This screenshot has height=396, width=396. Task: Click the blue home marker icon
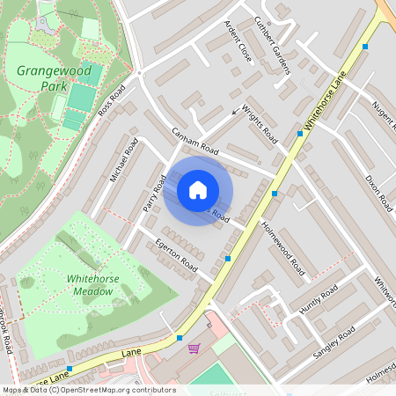coord(198,189)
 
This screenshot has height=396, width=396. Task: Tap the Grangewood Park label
coord(41,77)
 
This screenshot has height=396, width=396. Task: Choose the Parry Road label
coord(155,194)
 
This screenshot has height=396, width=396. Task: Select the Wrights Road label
coord(260,126)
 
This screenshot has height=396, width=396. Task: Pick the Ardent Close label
coord(238,40)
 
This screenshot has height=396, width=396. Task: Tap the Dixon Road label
coord(378,193)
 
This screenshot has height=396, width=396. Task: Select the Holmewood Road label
coord(283,246)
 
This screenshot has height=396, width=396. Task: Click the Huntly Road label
coord(318,299)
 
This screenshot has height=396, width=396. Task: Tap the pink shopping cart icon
coord(194,348)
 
